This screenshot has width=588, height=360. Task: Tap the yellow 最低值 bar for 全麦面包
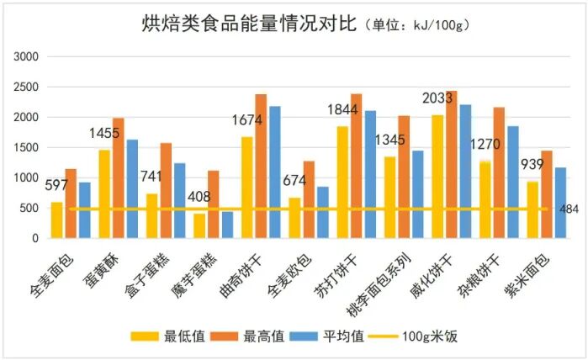click(57, 220)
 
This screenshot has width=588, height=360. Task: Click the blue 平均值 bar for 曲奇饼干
click(275, 172)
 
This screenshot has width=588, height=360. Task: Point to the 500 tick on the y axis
click(29, 208)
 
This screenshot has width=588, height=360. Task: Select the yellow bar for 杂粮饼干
click(484, 199)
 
